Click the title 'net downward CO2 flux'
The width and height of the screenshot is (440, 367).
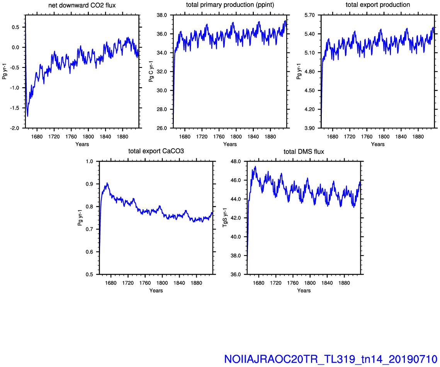(x=82, y=5)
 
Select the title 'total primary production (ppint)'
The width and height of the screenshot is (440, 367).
(x=230, y=5)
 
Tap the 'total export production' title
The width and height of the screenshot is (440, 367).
(x=378, y=5)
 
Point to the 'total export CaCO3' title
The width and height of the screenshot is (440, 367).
(x=156, y=151)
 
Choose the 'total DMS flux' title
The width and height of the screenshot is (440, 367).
(x=304, y=152)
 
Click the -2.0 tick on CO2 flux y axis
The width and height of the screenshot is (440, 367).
(x=15, y=129)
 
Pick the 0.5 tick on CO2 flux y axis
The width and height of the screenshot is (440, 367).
(x=15, y=27)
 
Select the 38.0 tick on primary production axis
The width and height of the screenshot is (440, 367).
(x=161, y=15)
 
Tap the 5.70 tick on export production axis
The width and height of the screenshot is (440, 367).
(x=309, y=15)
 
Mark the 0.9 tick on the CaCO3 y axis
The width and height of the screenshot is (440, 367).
(x=89, y=184)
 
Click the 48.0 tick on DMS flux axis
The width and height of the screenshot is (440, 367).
(x=236, y=161)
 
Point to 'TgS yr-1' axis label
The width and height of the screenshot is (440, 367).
(x=225, y=218)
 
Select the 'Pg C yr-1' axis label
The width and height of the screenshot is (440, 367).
(x=151, y=71)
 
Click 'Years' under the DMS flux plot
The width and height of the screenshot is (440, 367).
(x=304, y=291)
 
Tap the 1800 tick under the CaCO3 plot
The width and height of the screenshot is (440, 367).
(x=162, y=283)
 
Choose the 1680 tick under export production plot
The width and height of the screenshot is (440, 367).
(x=333, y=137)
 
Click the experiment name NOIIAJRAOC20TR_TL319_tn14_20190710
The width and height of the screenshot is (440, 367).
(x=331, y=359)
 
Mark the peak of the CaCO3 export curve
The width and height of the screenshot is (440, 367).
(x=107, y=183)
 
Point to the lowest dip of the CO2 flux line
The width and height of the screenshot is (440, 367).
(x=27, y=116)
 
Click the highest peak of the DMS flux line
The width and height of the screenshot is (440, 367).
(x=255, y=167)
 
